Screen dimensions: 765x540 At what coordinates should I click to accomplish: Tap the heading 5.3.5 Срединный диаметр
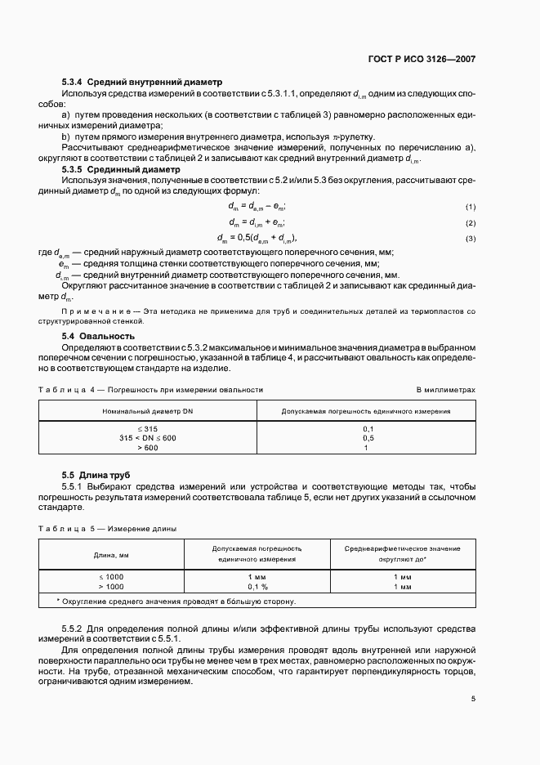click(x=122, y=170)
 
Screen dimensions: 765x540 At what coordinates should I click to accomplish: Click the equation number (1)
click(x=471, y=207)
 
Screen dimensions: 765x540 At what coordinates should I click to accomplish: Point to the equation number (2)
click(x=471, y=223)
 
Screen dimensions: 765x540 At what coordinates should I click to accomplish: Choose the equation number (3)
click(x=471, y=239)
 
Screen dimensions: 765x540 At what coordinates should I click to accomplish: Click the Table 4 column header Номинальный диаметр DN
click(x=148, y=410)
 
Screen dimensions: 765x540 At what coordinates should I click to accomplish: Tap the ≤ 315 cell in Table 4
click(x=148, y=428)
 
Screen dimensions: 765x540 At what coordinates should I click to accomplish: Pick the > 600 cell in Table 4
click(x=148, y=447)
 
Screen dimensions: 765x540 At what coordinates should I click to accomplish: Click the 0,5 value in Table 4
click(x=368, y=438)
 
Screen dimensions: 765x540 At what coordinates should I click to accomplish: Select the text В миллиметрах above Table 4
click(x=445, y=390)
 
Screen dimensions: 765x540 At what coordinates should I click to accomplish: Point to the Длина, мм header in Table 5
click(x=112, y=555)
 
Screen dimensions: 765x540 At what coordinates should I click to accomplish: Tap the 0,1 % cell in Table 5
click(x=259, y=587)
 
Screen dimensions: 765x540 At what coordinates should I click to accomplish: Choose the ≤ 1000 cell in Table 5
click(x=112, y=577)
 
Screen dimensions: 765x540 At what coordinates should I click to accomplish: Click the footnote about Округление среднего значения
click(x=176, y=602)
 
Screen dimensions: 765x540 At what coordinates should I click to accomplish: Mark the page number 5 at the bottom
click(x=473, y=699)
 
